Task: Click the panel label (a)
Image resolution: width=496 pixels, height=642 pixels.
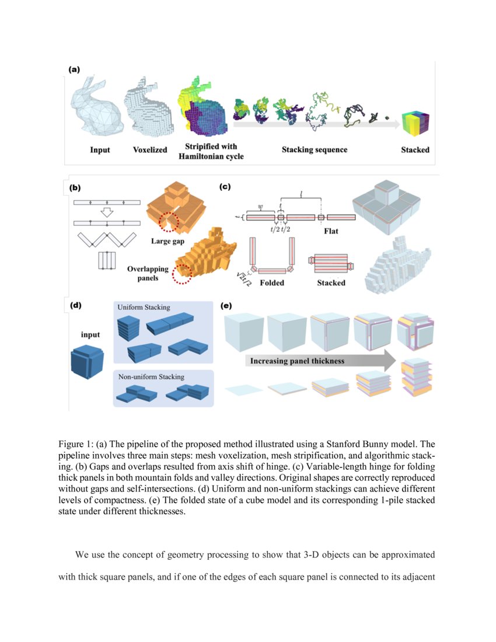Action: pyautogui.click(x=74, y=69)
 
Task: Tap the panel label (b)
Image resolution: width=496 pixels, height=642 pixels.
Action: pyautogui.click(x=75, y=188)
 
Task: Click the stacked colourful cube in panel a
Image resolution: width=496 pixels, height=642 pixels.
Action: pyautogui.click(x=415, y=123)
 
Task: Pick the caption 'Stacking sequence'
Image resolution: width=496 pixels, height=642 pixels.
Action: pyautogui.click(x=314, y=150)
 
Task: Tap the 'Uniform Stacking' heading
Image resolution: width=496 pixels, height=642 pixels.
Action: pyautogui.click(x=144, y=307)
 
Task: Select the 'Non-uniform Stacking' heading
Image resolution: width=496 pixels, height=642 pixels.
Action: pyautogui.click(x=151, y=377)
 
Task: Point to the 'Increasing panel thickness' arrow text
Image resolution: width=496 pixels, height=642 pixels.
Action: pyautogui.click(x=297, y=361)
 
